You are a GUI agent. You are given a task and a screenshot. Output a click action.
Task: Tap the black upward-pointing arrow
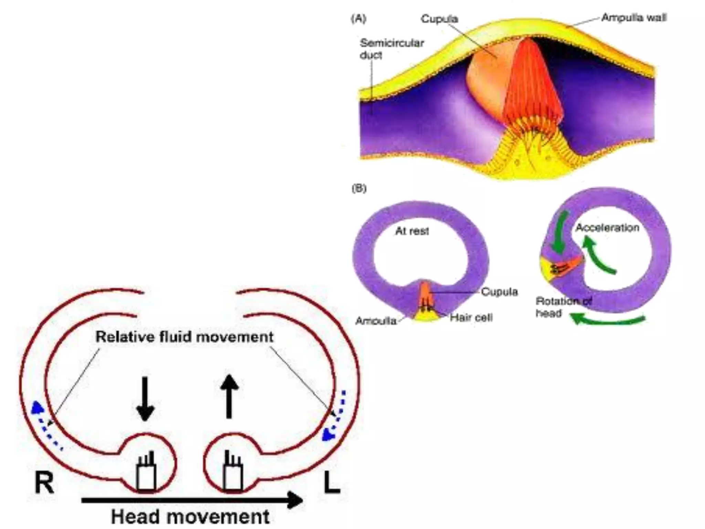229,396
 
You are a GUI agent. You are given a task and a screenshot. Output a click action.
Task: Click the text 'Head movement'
190,517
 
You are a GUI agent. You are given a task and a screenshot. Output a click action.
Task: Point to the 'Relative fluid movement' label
185,337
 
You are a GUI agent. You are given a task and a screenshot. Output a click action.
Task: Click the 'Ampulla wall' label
634,18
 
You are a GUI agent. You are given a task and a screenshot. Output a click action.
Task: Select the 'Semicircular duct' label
392,49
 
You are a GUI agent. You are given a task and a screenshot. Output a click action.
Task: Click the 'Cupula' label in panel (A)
439,19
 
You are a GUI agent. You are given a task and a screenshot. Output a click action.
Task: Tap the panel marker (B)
359,188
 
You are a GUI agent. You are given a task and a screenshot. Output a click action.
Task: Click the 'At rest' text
412,231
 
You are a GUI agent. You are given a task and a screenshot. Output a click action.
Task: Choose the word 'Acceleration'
607,228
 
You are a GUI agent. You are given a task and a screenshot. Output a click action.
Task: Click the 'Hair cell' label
471,317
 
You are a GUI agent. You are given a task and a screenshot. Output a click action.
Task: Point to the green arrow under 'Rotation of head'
608,320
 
